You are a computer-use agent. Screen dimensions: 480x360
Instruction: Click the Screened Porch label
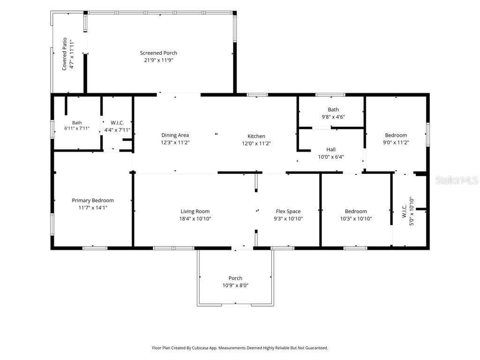pyautogui.click(x=158, y=53)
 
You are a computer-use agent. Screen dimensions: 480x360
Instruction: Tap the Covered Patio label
pyautogui.click(x=64, y=54)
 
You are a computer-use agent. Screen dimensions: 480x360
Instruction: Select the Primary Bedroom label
pyautogui.click(x=93, y=200)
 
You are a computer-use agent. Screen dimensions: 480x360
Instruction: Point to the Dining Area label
pyautogui.click(x=175, y=135)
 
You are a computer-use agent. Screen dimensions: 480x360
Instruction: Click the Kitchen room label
pyautogui.click(x=256, y=136)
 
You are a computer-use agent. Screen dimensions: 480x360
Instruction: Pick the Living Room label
pyautogui.click(x=195, y=211)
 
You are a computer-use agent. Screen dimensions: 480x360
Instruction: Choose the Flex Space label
pyautogui.click(x=288, y=211)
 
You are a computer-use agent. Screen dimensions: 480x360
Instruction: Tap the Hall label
pyautogui.click(x=331, y=150)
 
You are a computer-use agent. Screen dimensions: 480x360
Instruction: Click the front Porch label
pyautogui.click(x=235, y=278)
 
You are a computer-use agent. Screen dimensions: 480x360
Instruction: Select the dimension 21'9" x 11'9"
pyautogui.click(x=158, y=60)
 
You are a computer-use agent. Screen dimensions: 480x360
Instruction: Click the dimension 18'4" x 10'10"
pyautogui.click(x=195, y=218)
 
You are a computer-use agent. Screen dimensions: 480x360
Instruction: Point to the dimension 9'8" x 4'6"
pyautogui.click(x=333, y=117)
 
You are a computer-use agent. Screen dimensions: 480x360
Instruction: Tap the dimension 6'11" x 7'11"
pyautogui.click(x=77, y=128)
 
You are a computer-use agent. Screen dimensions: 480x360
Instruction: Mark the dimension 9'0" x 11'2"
pyautogui.click(x=396, y=142)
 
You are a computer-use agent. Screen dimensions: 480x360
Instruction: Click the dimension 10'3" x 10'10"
pyautogui.click(x=356, y=218)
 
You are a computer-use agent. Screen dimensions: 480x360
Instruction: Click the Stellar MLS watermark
pyautogui.click(x=457, y=180)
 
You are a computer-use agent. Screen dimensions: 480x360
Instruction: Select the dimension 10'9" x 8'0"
pyautogui.click(x=235, y=285)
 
